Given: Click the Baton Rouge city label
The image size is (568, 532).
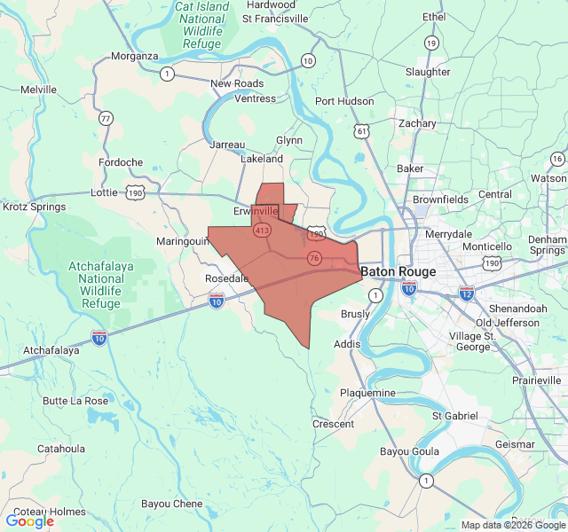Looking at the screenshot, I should tap(398, 271).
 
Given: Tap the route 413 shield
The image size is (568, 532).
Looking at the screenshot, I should tap(261, 231).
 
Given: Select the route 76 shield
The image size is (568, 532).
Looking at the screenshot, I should tap(313, 258).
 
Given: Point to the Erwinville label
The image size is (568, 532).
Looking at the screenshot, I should tap(256, 212).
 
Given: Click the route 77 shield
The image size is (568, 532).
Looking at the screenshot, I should tap(106, 118).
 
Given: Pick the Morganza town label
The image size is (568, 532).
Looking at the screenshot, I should tap(134, 56).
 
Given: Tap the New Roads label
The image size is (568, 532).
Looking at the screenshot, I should tap(237, 83).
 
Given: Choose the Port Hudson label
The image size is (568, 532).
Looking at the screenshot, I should tap(344, 101).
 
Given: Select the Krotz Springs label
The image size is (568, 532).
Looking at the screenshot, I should tap(34, 207).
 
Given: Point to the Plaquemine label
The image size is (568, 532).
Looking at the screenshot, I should tap(367, 393).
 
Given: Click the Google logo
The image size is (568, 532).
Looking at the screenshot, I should tap(29, 521).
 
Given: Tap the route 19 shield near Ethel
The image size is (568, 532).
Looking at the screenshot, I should tap(431, 43).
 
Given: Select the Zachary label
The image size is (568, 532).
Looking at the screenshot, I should tap(417, 123).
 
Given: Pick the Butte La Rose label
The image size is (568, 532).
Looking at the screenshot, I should tap(75, 401).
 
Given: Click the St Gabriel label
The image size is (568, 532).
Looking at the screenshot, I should tap(454, 416).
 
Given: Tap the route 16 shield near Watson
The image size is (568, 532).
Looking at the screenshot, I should tap(556, 159).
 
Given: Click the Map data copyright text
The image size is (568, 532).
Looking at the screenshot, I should tap(512, 525).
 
